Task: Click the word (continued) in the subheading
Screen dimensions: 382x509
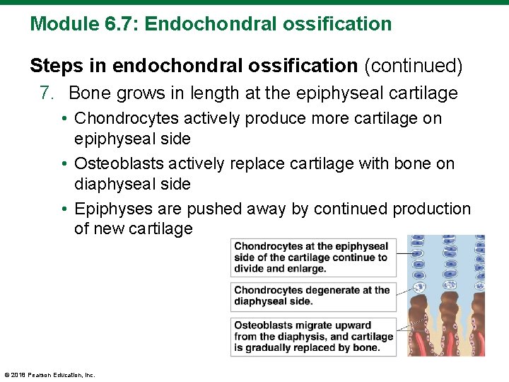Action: [x=414, y=66]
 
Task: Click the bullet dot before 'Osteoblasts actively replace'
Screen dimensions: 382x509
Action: [x=64, y=164]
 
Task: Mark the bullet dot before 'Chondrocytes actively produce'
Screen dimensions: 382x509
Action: [x=64, y=119]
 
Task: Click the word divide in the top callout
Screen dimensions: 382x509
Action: [x=251, y=269]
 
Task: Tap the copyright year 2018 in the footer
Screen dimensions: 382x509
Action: [x=18, y=375]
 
